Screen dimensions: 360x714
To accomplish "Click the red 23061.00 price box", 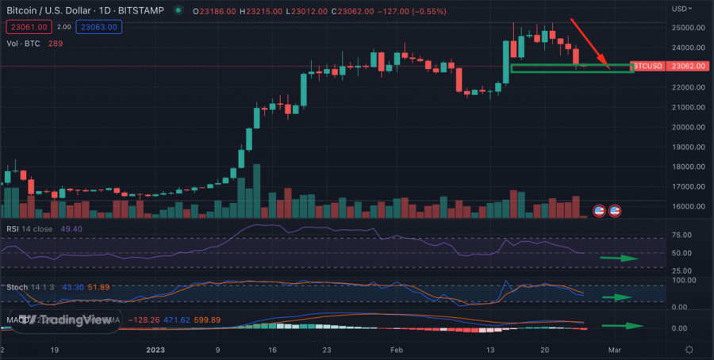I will (x=25, y=27).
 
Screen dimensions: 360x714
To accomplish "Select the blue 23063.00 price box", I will (x=99, y=27).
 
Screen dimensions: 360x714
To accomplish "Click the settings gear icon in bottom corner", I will (x=689, y=349).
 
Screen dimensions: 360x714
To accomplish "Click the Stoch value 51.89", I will (x=101, y=285).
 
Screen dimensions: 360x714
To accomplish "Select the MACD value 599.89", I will (x=205, y=320).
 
